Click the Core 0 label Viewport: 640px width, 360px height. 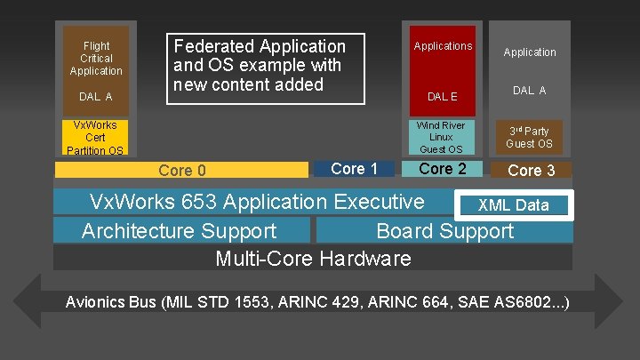click(181, 171)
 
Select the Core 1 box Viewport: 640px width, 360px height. click(355, 169)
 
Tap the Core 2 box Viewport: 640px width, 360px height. click(442, 169)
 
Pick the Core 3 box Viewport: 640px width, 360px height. click(530, 170)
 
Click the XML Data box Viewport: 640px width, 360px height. click(514, 205)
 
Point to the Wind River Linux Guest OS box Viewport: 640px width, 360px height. click(441, 138)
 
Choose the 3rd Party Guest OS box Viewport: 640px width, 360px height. click(530, 138)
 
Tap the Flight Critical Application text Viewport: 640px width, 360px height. click(96, 58)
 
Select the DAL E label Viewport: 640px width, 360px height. click(442, 96)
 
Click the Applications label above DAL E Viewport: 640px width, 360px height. click(443, 46)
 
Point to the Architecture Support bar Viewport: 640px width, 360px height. click(180, 231)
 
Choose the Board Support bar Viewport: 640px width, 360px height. click(444, 231)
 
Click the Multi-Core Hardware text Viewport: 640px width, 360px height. click(313, 259)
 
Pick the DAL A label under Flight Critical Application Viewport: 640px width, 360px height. click(96, 96)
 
